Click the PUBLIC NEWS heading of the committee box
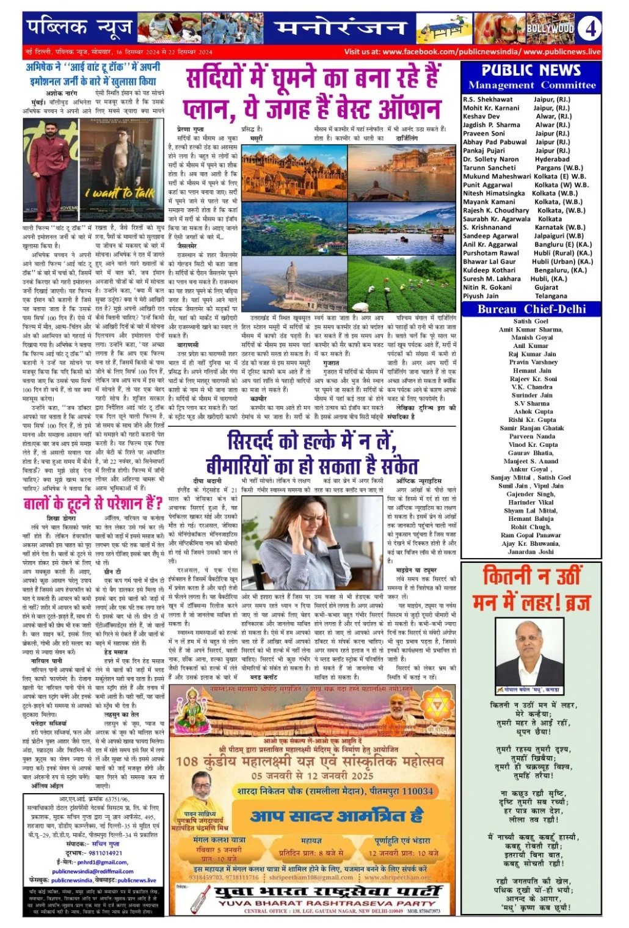531,70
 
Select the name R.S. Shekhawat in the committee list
488,100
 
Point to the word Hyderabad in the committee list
552,159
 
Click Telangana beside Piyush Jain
551,296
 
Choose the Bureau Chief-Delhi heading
531,310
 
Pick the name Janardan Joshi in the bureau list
531,552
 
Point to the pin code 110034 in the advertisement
410,791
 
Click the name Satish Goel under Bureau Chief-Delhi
531,321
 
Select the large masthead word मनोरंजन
340,29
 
